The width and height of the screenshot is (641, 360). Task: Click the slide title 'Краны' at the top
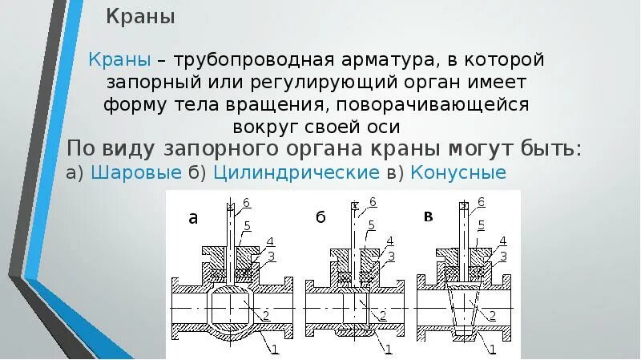[141, 17]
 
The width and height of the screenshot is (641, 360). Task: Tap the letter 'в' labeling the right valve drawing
[428, 216]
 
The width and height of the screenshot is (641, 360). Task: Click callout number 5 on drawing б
[371, 225]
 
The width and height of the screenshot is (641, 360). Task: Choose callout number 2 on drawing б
[383, 313]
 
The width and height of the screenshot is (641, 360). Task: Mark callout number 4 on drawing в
[502, 241]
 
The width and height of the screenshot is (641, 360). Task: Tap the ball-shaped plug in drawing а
[230, 309]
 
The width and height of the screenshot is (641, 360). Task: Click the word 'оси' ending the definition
[383, 127]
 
